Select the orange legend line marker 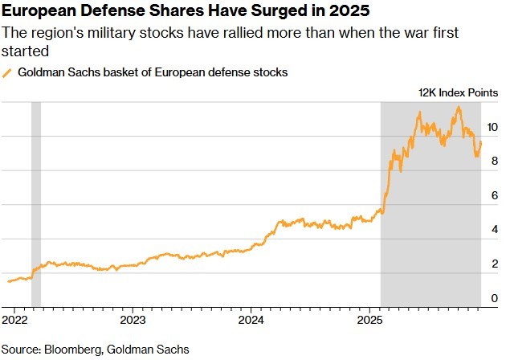(x=8, y=73)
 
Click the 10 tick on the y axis (x=492, y=127)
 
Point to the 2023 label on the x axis (x=133, y=319)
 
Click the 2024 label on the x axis (x=251, y=319)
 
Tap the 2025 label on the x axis (x=369, y=319)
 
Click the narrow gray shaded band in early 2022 (x=36, y=201)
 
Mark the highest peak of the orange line (x=459, y=107)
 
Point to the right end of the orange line (x=481, y=143)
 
